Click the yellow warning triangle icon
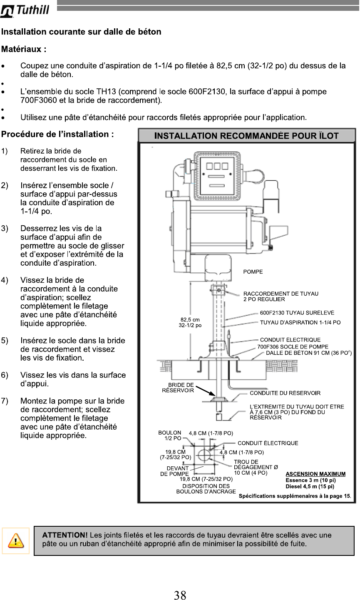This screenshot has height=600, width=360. [x=15, y=541]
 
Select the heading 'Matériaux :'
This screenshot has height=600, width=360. [x=24, y=49]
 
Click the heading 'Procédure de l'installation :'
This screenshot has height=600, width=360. [x=57, y=134]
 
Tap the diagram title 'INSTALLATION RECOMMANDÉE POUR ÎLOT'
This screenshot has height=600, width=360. [x=246, y=135]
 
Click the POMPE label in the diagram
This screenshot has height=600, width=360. [x=253, y=271]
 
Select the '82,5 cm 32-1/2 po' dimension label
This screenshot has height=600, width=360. [x=190, y=322]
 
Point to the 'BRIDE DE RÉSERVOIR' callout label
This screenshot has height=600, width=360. [x=178, y=387]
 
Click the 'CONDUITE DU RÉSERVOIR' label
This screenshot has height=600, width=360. [x=285, y=393]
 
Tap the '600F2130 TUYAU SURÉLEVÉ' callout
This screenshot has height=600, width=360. [x=297, y=313]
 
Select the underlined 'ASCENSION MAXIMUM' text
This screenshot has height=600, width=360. [x=315, y=474]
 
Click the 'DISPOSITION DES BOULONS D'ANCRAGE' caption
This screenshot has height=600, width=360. [x=206, y=488]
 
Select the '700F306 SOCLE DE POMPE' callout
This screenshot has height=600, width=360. [x=293, y=346]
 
